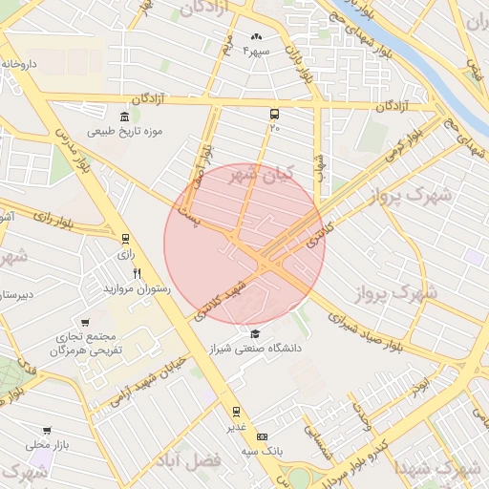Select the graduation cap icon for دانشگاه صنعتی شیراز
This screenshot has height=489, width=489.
click(x=255, y=333)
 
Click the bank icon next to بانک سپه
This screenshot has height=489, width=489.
click(x=237, y=436)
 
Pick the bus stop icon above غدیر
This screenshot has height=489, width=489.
click(x=236, y=412)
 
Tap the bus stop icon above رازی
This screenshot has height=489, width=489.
click(x=125, y=239)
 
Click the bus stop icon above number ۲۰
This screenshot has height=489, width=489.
click(x=275, y=113)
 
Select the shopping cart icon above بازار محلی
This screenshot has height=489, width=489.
click(x=47, y=430)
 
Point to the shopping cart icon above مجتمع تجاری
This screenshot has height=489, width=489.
click(x=87, y=323)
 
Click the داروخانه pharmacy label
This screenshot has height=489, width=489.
click(x=20, y=64)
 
